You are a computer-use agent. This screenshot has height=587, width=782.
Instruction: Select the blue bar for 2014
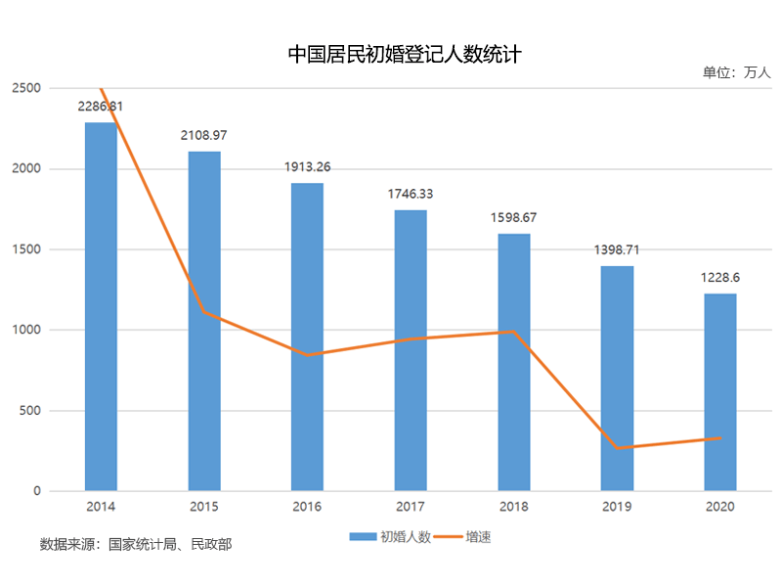[101, 306]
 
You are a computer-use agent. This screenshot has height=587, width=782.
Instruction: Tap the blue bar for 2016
[307, 337]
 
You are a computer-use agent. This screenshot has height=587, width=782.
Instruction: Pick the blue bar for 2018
[514, 362]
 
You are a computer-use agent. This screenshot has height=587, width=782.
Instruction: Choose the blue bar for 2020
[720, 391]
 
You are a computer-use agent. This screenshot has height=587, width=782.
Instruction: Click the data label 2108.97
[204, 135]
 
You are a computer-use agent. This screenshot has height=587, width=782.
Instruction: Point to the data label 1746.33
[411, 194]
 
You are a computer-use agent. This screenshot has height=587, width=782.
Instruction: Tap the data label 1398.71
[617, 249]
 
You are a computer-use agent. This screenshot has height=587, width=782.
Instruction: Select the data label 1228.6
[720, 277]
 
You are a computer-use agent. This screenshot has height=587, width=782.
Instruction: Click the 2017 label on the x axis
[411, 507]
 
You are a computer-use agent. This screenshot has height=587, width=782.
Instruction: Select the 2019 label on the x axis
[617, 507]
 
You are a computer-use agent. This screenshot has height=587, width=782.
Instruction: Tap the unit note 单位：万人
[736, 72]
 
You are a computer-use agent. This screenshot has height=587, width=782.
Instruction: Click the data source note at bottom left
[136, 544]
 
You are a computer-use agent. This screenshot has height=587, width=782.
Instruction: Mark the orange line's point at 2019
[617, 448]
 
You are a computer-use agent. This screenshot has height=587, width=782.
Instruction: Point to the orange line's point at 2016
[307, 355]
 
